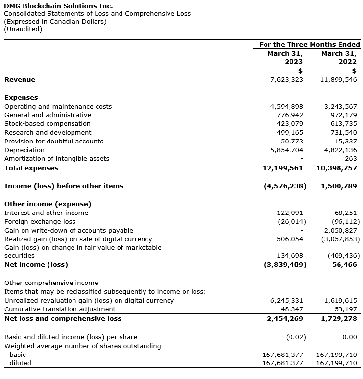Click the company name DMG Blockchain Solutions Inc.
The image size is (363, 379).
(58, 6)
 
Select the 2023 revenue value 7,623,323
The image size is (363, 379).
(287, 79)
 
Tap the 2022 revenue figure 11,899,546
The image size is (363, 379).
(339, 79)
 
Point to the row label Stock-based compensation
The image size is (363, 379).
(48, 124)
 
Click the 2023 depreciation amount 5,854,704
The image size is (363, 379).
(287, 150)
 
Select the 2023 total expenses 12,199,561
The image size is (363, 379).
(283, 168)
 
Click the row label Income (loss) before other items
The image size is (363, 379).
(64, 186)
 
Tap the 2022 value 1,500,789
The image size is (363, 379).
(339, 186)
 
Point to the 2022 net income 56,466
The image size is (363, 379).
(344, 264)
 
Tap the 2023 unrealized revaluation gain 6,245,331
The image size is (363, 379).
(287, 301)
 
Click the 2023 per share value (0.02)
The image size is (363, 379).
(295, 337)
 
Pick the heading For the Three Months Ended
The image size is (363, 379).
(309, 44)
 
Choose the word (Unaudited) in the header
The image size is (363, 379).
(23, 29)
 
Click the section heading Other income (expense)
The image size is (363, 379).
(48, 204)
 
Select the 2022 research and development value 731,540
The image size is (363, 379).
(343, 133)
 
